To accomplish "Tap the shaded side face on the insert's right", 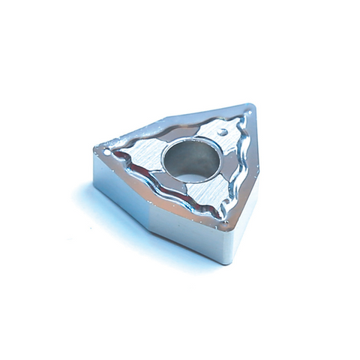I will pyautogui.click(x=244, y=202).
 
